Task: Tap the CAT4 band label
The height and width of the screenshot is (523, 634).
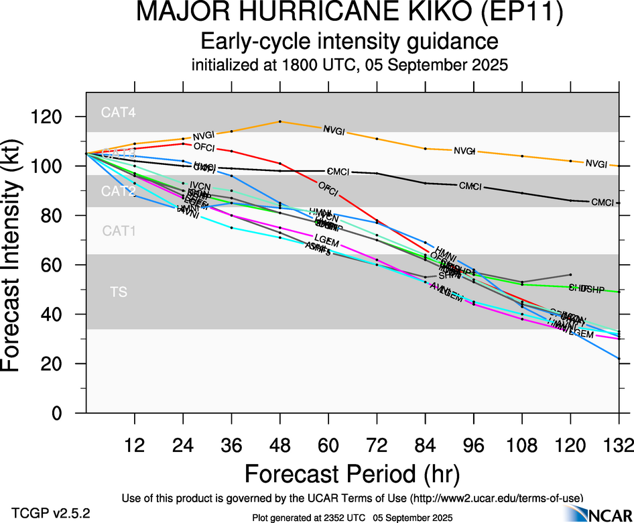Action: click(119, 113)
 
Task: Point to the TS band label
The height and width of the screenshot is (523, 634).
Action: click(119, 292)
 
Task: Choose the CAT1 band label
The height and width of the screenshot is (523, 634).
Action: click(119, 231)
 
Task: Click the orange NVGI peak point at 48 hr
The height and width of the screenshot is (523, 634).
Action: click(280, 121)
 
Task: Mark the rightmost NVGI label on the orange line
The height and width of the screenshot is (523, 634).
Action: click(596, 164)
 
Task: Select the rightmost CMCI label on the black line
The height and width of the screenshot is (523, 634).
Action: click(602, 202)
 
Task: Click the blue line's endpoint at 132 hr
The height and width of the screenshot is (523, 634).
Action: click(619, 358)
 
